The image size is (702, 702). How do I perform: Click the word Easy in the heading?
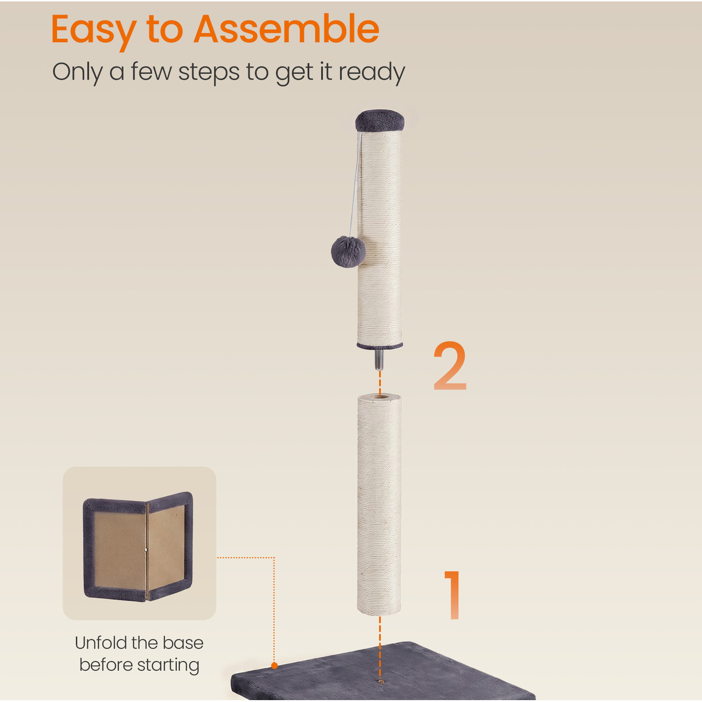(x=93, y=30)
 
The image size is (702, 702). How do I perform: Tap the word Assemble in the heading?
(x=286, y=29)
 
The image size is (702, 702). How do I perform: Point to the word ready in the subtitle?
(x=371, y=73)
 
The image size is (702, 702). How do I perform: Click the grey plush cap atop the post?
(x=380, y=120)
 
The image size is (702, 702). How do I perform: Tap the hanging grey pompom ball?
(x=348, y=251)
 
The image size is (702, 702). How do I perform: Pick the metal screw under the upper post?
(x=379, y=359)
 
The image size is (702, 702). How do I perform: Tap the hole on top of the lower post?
(x=380, y=397)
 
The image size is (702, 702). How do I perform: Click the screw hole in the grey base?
(x=380, y=682)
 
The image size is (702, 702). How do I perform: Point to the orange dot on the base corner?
(x=274, y=665)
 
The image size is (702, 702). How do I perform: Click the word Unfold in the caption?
(x=101, y=643)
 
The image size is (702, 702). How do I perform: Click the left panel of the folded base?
(x=115, y=550)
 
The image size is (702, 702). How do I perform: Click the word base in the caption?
(x=183, y=643)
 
